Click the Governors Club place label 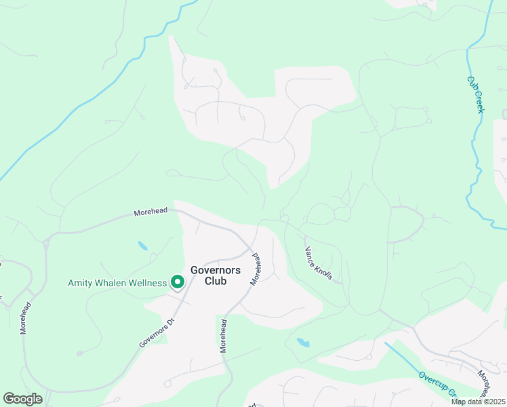pos(215,275)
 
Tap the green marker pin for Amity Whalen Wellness pos(177,282)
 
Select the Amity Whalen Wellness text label pos(117,283)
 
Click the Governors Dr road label pos(157,332)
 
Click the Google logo pos(22,399)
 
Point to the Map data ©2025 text pos(478,402)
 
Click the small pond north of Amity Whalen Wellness pos(143,246)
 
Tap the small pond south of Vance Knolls pos(303,343)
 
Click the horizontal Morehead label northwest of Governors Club pos(150,212)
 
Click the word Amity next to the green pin pos(81,283)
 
